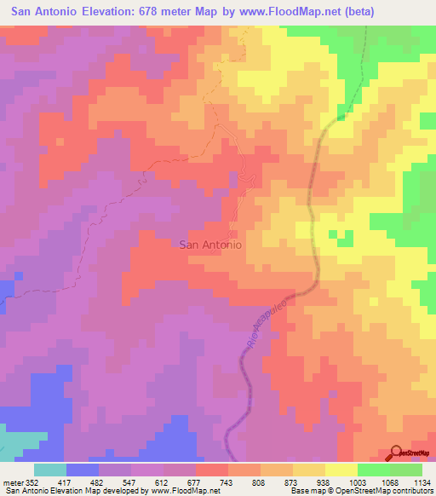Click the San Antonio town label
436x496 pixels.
pos(210,244)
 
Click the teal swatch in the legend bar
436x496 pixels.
pos(50,470)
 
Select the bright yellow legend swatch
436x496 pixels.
pos(341,470)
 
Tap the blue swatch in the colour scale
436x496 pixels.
pos(83,470)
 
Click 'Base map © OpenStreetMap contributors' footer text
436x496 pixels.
pos(361,492)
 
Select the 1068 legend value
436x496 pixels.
pos(396,482)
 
